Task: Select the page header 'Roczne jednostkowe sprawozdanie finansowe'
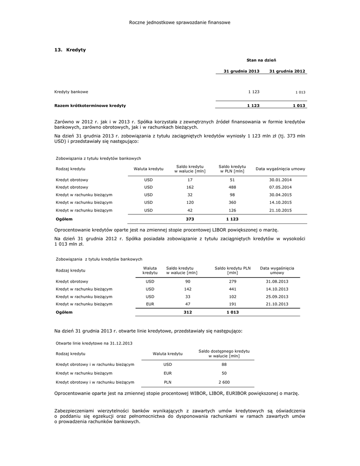[180, 22]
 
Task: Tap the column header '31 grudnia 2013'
[241, 71]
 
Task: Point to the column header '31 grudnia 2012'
[287, 71]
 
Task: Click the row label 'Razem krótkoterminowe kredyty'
[90, 106]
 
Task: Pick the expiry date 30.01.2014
[280, 180]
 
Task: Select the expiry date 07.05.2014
[280, 187]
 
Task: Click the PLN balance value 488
[232, 187]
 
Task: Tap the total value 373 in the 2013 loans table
[190, 219]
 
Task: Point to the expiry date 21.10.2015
[280, 211]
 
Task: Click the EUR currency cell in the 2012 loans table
[150, 304]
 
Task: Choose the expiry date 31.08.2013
[277, 281]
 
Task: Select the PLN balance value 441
[232, 289]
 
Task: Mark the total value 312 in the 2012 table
[188, 313]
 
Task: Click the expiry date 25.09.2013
[277, 297]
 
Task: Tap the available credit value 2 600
[224, 382]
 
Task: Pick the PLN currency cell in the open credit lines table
[167, 382]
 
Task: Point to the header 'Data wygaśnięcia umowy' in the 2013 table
[280, 169]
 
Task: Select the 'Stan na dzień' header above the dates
[261, 60]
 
